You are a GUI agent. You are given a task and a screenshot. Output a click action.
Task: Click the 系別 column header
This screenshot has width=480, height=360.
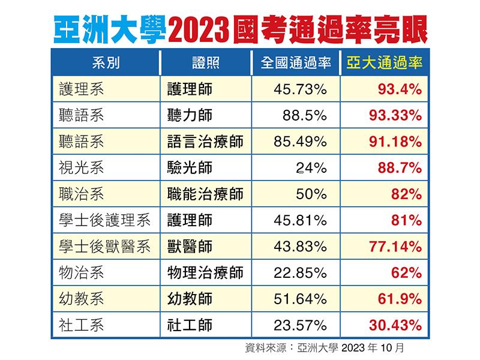tap(106, 63)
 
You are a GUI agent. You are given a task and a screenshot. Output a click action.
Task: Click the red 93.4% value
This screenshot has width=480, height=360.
tap(400, 89)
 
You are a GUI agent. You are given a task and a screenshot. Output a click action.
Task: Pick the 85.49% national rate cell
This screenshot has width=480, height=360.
tap(299, 142)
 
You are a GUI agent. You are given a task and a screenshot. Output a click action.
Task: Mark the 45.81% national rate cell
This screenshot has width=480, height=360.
tap(299, 220)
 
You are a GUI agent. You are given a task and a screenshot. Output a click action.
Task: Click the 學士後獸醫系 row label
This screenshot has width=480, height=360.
tap(105, 247)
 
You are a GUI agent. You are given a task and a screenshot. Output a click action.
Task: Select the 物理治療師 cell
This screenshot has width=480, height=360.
tap(206, 273)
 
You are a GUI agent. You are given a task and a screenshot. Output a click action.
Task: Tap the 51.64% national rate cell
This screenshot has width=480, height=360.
tap(299, 299)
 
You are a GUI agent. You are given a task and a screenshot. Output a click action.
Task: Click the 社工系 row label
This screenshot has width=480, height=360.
tap(82, 325)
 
